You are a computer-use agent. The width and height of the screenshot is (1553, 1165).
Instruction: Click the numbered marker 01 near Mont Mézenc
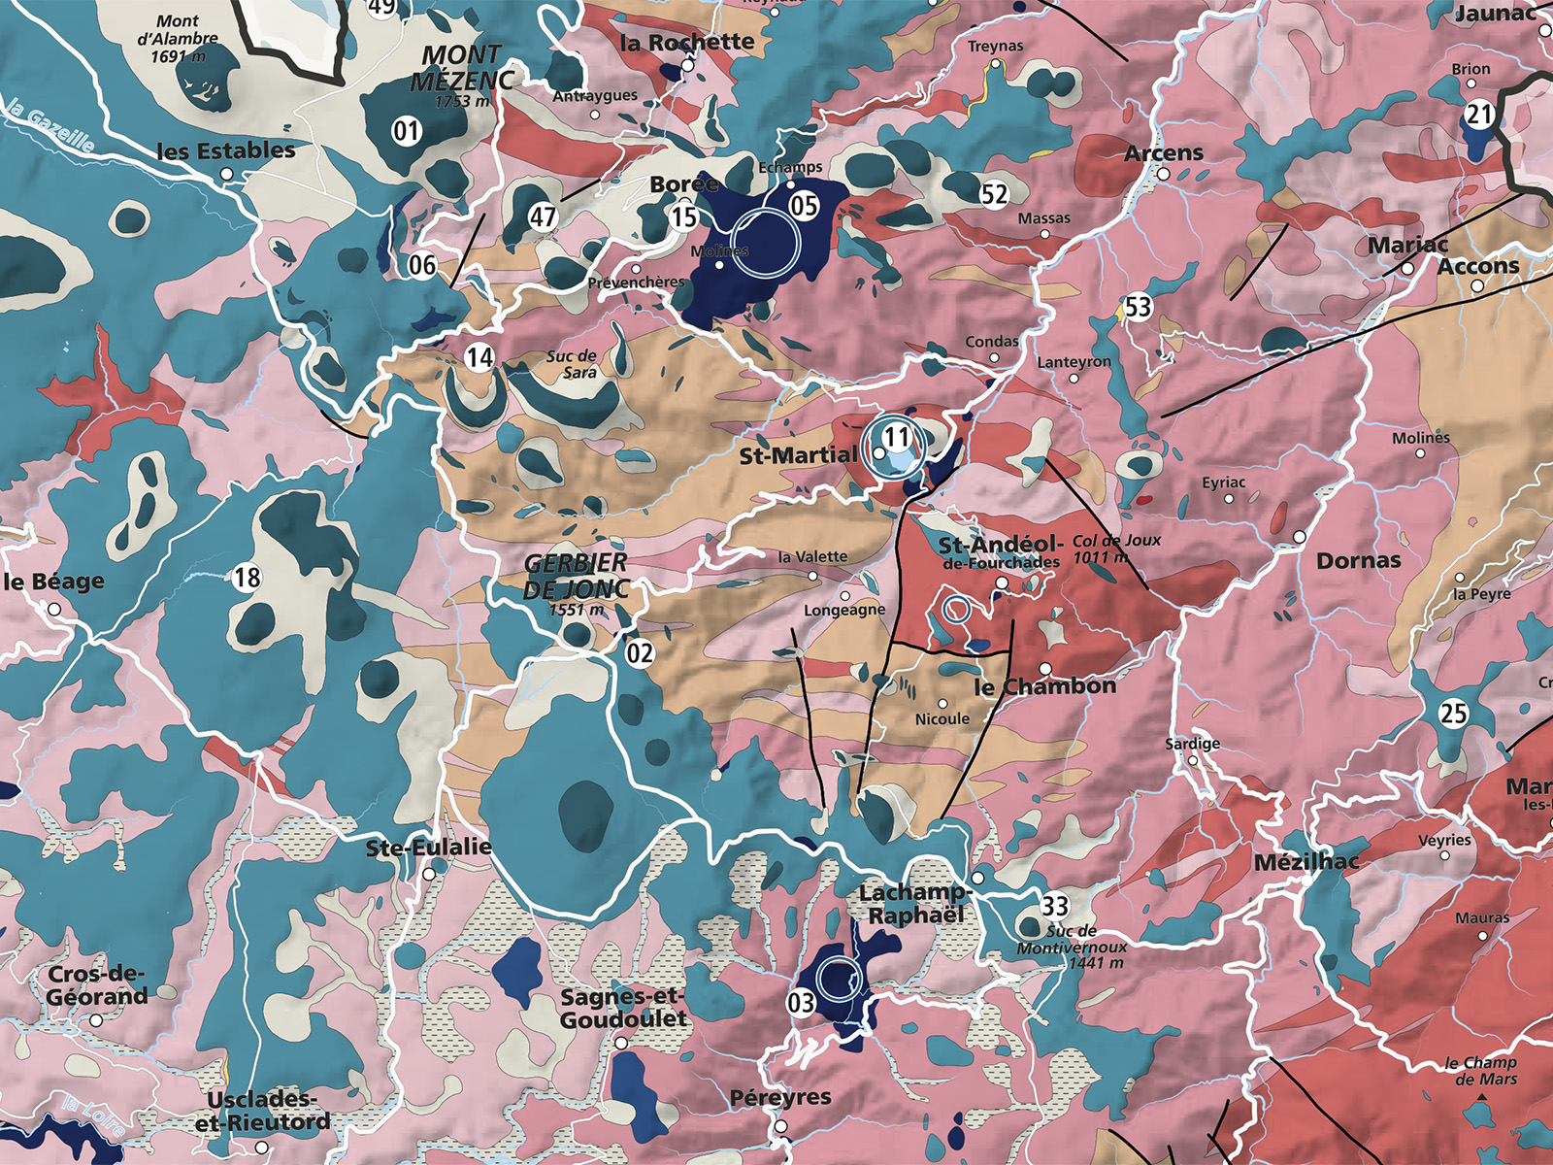coord(407,129)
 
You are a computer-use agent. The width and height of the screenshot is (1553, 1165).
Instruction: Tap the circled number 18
coord(248,578)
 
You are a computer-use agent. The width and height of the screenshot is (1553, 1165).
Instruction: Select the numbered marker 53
coord(1138,308)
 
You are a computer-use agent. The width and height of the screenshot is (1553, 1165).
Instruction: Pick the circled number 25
coord(1453,714)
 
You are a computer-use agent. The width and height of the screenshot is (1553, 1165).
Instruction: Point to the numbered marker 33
coord(1055,906)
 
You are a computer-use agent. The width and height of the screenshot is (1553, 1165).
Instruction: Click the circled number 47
coord(543,216)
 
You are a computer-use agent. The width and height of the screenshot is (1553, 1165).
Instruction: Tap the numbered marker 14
coord(479,357)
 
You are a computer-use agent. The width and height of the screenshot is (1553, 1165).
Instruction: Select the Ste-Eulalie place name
coord(428,848)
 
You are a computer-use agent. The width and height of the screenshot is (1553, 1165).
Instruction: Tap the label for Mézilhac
coord(1306,862)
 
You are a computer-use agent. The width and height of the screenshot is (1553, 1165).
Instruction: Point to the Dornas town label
coord(1358,560)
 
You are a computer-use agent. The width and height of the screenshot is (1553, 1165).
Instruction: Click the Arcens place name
coord(1163,153)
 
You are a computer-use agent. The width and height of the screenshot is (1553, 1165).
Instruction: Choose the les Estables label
coord(226,150)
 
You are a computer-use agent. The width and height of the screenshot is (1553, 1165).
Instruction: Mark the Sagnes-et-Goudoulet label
coord(624,1008)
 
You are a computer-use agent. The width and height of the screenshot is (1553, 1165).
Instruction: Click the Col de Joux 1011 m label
coord(1115,549)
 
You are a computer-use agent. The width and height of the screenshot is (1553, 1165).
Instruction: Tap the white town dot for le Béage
coord(54,610)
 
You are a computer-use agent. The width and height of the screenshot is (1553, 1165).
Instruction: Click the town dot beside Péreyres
coord(781,1126)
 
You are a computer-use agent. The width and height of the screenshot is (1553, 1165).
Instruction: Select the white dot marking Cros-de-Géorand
coord(96,1020)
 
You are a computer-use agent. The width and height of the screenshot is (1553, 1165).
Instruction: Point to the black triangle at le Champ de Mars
coord(1482,1098)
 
